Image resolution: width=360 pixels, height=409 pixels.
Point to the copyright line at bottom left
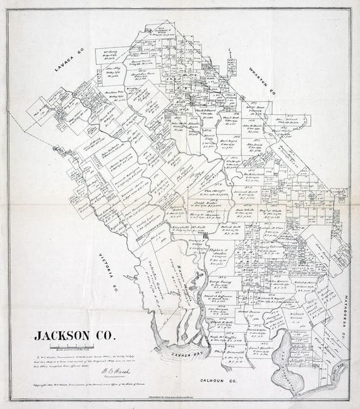[x=76, y=384]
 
